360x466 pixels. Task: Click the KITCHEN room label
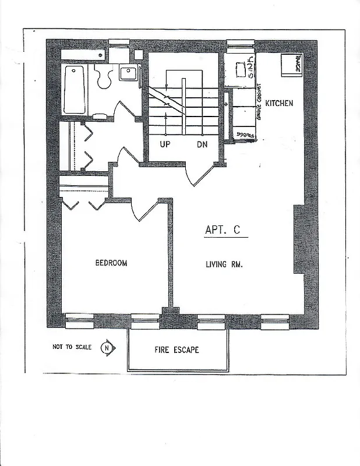click(x=279, y=103)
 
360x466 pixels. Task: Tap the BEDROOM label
click(x=111, y=263)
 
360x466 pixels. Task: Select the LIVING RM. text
click(x=224, y=264)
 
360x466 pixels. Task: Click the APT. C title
click(x=222, y=230)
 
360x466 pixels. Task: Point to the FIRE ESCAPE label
click(x=177, y=350)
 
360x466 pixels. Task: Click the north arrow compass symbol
click(x=108, y=348)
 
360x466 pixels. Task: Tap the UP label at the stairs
click(x=165, y=143)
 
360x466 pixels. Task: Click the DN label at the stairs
click(x=202, y=143)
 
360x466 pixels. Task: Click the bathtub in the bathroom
click(x=74, y=90)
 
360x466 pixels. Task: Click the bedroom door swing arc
click(x=143, y=210)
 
